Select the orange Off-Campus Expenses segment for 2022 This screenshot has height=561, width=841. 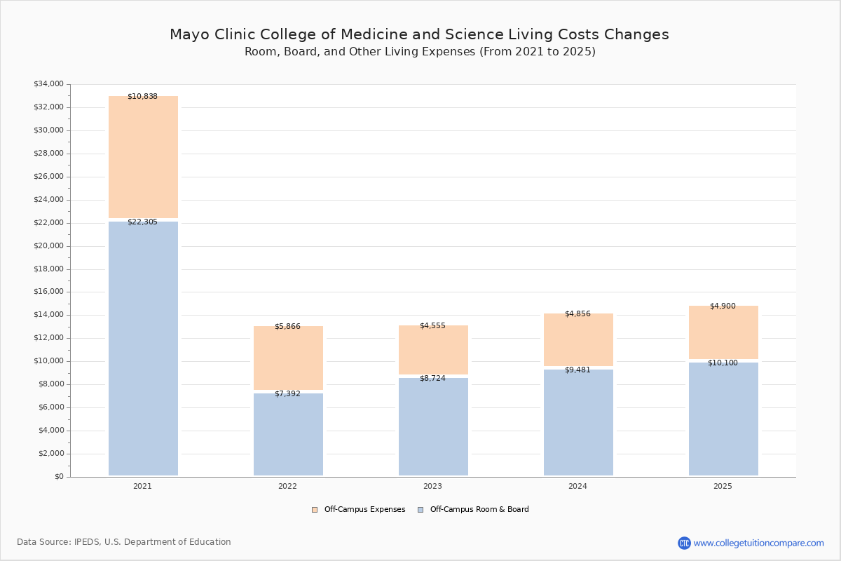pos(288,358)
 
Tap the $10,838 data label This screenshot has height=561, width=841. pos(142,96)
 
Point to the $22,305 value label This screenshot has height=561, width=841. pos(142,222)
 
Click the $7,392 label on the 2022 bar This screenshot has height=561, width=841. pos(287,393)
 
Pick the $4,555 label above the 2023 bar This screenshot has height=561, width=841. pos(432,325)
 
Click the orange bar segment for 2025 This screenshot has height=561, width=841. pos(723,332)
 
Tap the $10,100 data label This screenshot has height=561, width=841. pos(723,363)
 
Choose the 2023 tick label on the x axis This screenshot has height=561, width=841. pos(432,486)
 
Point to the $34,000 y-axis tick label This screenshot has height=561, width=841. pos(48,84)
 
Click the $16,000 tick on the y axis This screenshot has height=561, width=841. pos(48,292)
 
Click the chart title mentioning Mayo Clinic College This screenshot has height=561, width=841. pos(419,34)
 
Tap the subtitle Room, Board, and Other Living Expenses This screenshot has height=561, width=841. pos(419,52)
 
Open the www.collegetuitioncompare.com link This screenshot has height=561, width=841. pos(758,543)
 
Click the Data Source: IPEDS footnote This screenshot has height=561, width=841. pos(124,542)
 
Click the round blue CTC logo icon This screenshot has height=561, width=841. pos(684,543)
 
